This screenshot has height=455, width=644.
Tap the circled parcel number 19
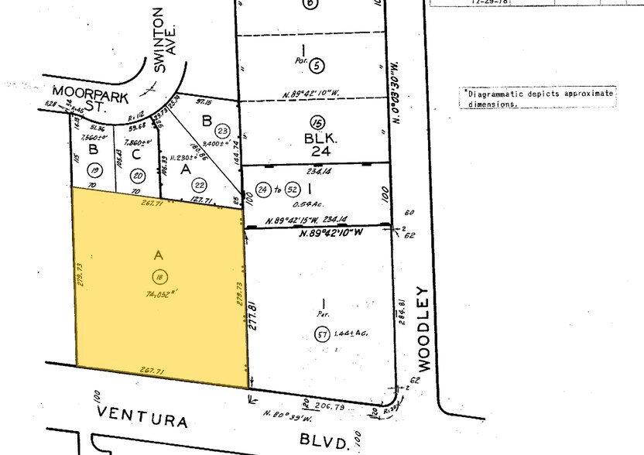click(x=95, y=170)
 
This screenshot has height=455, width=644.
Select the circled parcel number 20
click(x=137, y=174)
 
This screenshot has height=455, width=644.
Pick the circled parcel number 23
click(x=223, y=131)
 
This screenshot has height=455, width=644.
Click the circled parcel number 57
click(x=322, y=334)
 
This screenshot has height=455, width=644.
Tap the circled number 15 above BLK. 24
click(x=316, y=121)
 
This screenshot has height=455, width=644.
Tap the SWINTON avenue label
click(x=159, y=39)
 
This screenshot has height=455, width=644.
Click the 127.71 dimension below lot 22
click(x=201, y=200)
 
